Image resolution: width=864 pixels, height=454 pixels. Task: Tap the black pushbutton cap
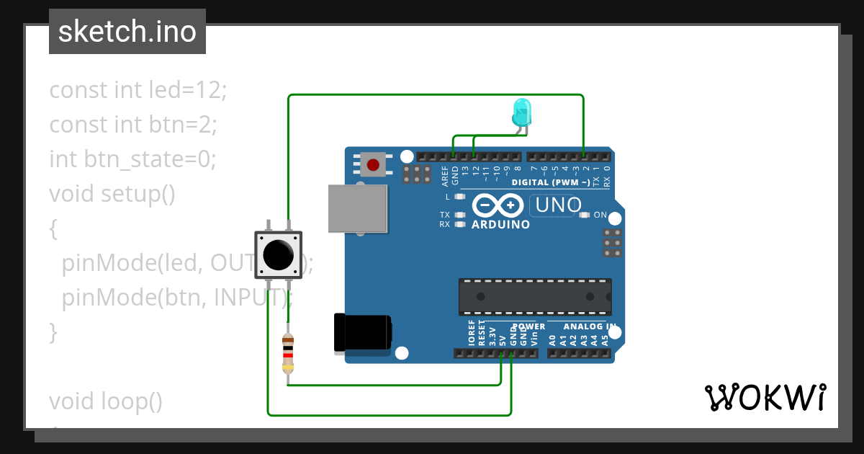[278, 254]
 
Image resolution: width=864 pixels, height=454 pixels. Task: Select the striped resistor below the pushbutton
[288, 353]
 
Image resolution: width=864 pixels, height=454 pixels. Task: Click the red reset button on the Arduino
[373, 165]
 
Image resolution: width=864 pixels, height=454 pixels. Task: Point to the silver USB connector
[357, 208]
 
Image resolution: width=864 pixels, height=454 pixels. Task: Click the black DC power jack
[363, 333]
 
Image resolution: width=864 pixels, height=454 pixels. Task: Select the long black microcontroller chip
[535, 296]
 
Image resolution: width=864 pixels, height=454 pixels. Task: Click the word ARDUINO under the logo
[500, 225]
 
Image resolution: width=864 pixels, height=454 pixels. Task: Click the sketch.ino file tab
[127, 32]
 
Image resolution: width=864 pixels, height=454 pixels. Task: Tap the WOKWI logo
[765, 396]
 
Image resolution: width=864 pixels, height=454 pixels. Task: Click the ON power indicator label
[600, 215]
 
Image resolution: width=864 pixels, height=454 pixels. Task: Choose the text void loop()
[106, 401]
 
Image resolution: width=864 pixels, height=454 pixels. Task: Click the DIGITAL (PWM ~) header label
[551, 182]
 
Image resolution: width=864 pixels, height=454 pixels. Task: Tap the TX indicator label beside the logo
[445, 215]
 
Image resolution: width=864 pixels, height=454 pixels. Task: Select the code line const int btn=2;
[133, 125]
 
